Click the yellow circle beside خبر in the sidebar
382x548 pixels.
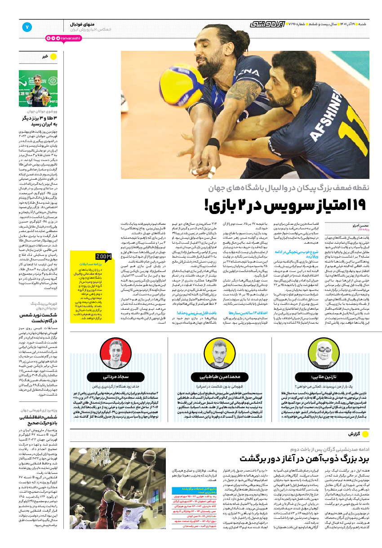53,56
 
